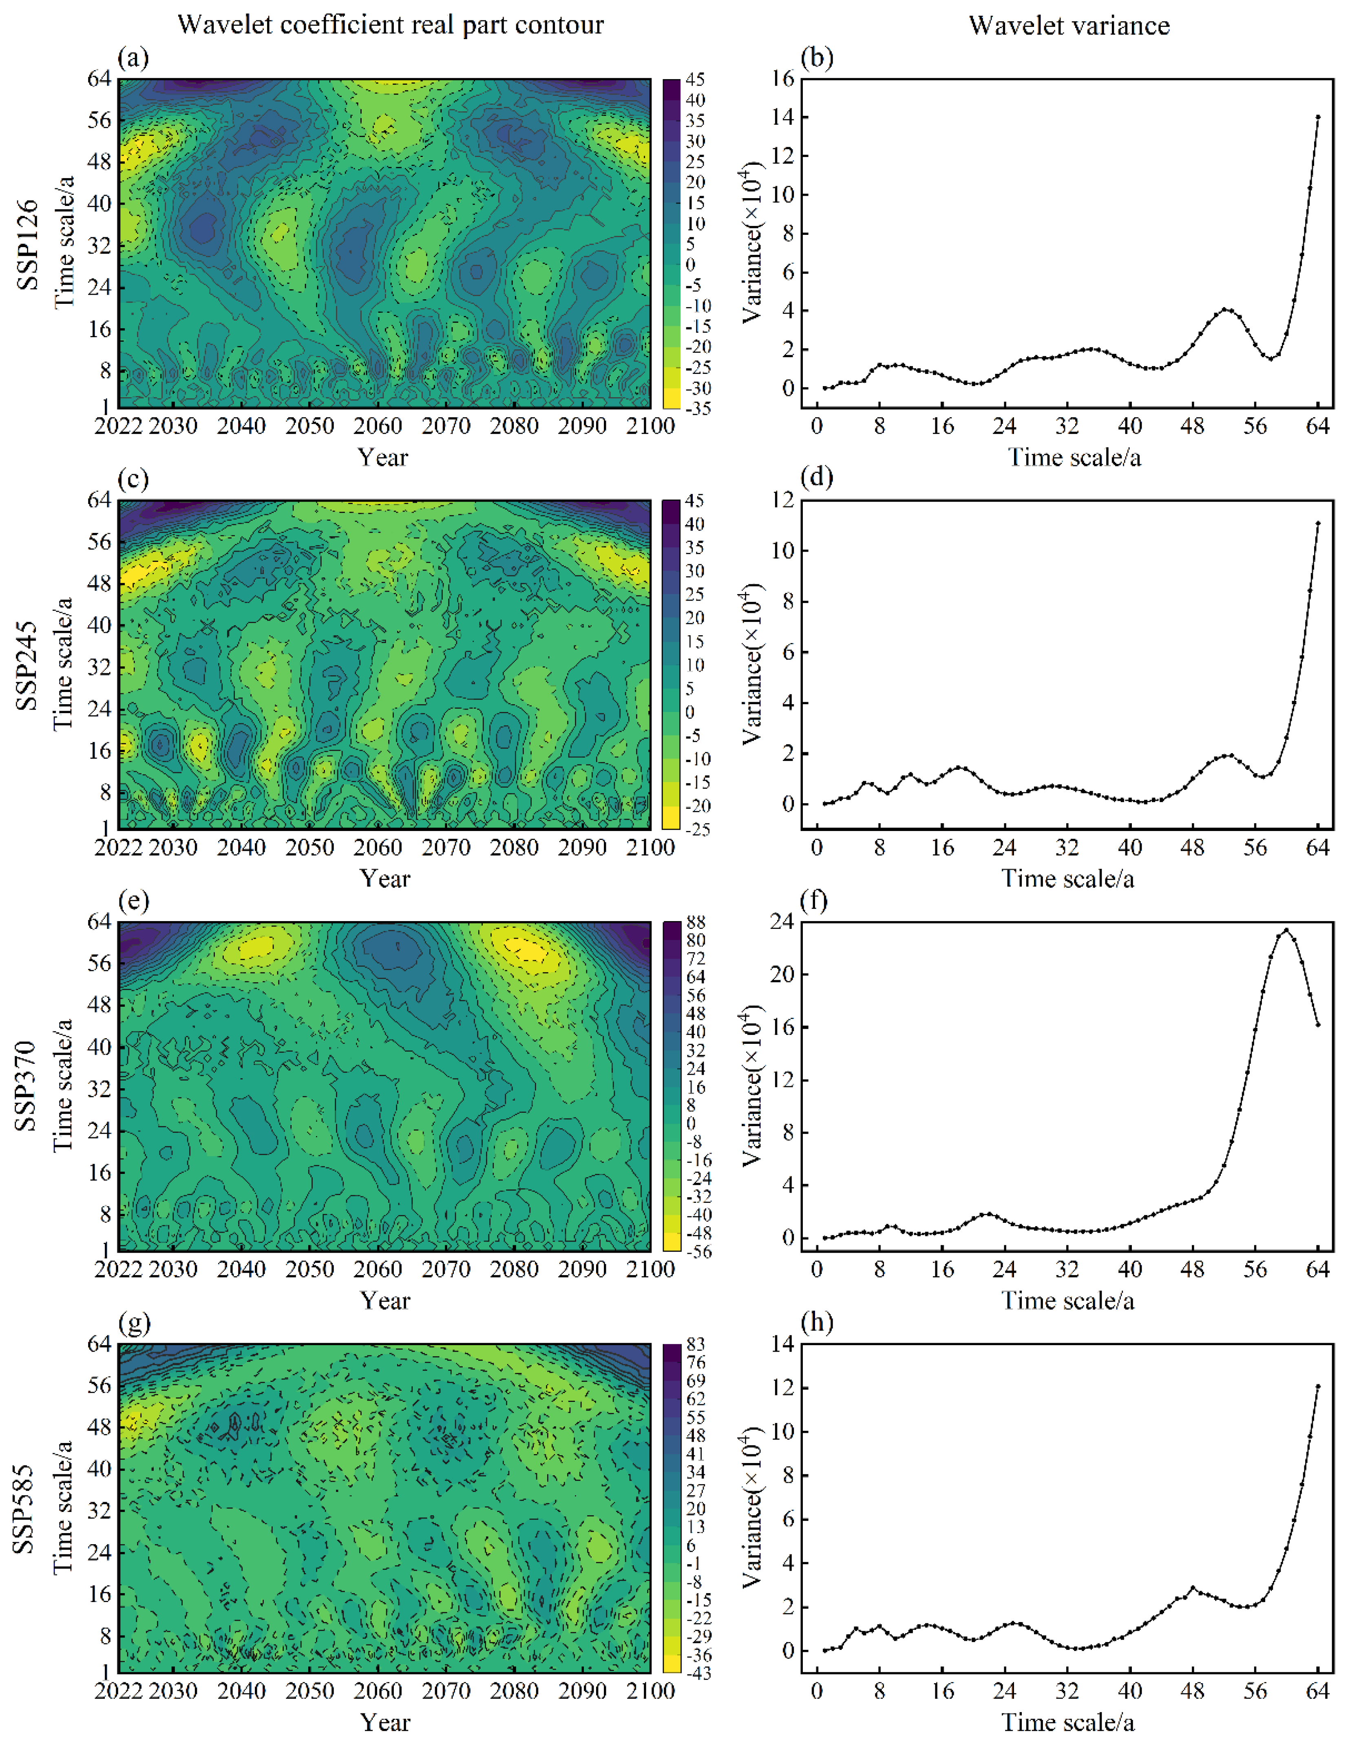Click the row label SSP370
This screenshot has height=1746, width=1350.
tap(27, 1086)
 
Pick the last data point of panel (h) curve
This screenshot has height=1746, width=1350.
tap(1318, 1386)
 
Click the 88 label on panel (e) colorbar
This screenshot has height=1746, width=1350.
tap(695, 923)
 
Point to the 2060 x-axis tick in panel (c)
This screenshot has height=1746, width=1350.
tap(378, 847)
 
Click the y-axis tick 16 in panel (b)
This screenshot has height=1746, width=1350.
tap(783, 78)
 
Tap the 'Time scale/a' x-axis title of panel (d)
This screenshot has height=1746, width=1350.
tap(1068, 879)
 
